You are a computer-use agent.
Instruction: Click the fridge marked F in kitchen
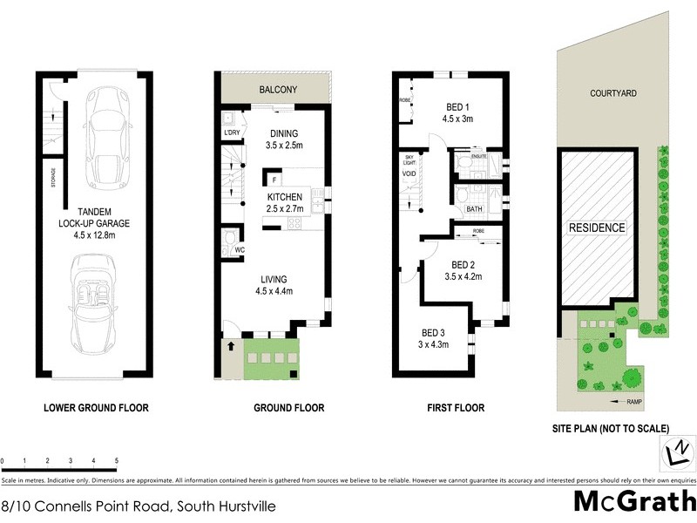[274, 181]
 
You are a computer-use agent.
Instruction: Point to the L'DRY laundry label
[232, 132]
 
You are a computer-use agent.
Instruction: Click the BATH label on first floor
[475, 209]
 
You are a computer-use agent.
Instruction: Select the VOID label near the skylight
[409, 173]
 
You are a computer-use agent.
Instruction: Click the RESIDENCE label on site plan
[597, 228]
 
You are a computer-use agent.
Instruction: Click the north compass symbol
[676, 452]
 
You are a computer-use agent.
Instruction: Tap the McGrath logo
[634, 501]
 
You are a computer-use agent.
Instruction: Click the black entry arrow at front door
[231, 347]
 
